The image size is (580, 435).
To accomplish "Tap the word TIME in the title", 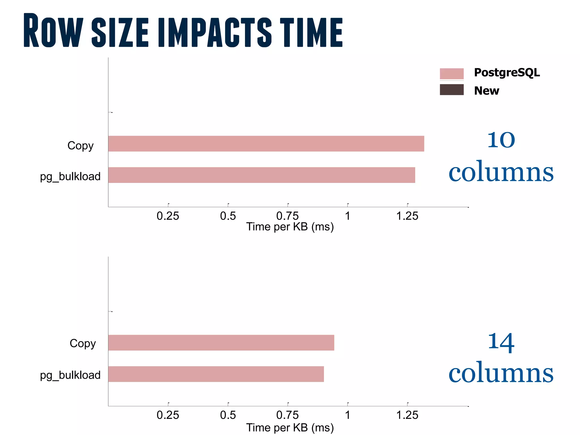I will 311,32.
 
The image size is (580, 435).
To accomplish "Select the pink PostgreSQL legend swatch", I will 451,74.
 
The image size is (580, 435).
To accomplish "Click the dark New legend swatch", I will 451,89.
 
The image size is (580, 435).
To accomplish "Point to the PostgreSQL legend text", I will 507,72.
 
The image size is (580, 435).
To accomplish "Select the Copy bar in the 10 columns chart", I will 266,144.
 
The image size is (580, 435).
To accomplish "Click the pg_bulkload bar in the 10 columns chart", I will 261,175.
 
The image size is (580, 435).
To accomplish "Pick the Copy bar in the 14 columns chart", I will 221,343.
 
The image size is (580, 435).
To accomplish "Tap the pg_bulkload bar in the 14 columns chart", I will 216,374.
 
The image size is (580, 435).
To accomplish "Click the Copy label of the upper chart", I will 80,146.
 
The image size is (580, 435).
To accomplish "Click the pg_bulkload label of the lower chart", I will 70,375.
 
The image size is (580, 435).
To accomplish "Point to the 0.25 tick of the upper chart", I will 168,216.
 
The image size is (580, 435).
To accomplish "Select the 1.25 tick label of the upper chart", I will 407,216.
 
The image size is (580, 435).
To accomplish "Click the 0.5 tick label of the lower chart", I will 228,415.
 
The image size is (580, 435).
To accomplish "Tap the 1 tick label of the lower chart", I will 347,415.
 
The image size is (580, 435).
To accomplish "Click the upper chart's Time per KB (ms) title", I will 290,227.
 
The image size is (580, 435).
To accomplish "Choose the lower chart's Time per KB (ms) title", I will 290,428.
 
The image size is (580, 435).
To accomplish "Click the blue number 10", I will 501,140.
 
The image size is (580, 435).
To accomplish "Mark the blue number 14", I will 501,342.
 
